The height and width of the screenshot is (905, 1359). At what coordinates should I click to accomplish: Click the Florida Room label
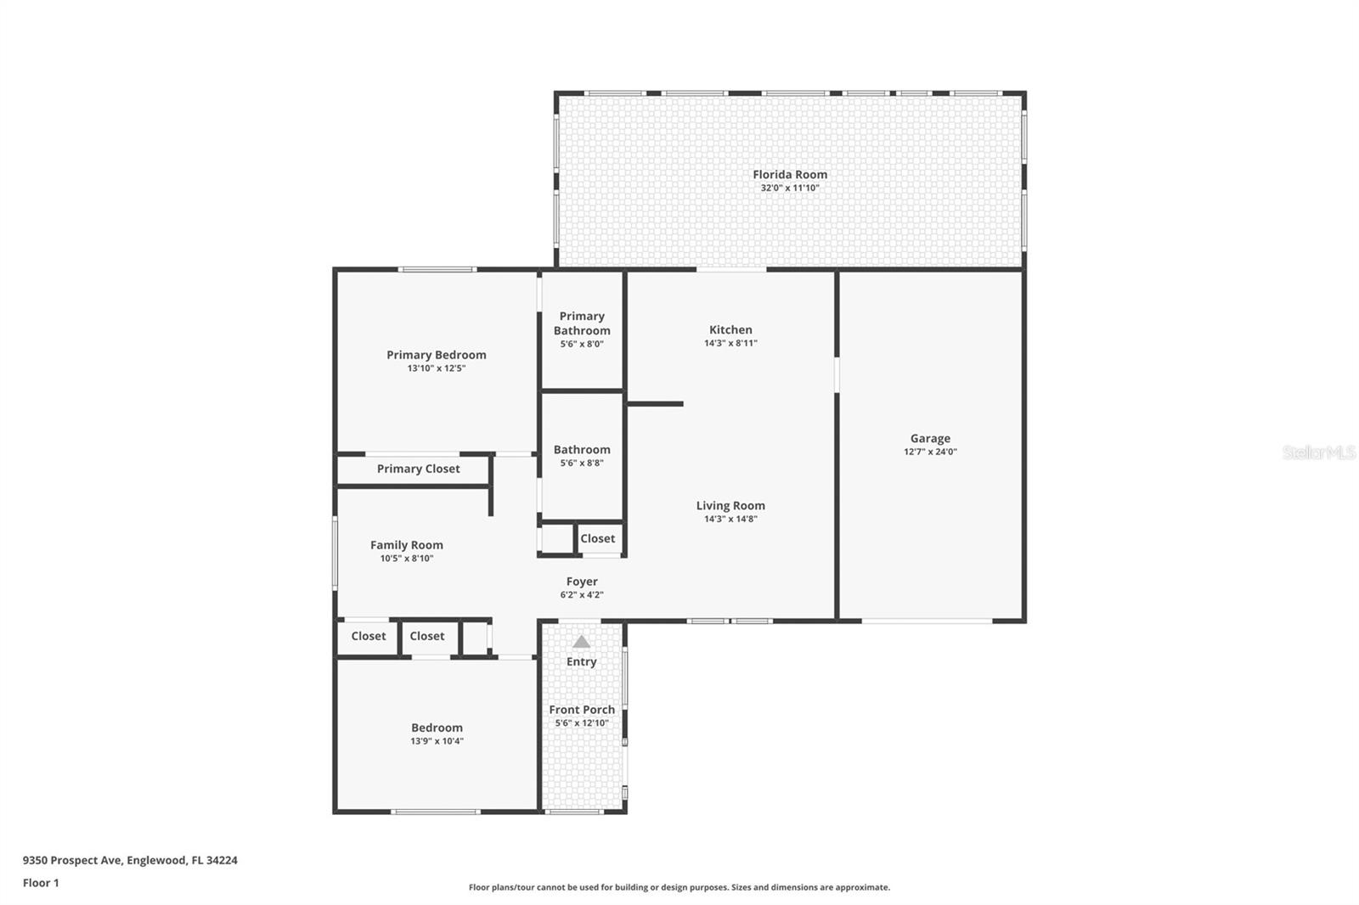tap(790, 175)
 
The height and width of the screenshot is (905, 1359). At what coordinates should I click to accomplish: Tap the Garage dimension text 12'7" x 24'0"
tap(930, 452)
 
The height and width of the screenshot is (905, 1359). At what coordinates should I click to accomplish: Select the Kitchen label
tap(730, 329)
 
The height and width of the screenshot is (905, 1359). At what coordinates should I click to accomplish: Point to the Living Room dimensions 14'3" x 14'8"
tap(730, 519)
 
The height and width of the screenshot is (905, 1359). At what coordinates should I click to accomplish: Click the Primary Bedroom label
tap(437, 355)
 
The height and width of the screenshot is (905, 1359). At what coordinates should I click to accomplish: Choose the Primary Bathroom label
tap(582, 323)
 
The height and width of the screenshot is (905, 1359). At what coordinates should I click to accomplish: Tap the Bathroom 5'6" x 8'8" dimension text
tap(582, 463)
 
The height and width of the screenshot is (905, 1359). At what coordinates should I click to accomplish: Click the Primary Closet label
tap(418, 469)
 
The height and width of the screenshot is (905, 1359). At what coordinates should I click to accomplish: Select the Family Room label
tap(407, 545)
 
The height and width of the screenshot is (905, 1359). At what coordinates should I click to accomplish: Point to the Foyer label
tap(582, 582)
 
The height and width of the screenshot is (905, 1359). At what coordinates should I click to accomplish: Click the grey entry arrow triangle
tap(581, 642)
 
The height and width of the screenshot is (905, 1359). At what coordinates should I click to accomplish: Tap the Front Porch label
tap(582, 710)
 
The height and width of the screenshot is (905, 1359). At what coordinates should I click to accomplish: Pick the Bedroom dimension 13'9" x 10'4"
tap(437, 740)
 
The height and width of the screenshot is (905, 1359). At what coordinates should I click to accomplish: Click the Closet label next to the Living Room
tap(598, 538)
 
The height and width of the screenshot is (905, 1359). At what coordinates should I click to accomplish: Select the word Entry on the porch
tap(581, 661)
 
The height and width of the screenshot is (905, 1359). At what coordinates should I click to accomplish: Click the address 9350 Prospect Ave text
tap(73, 860)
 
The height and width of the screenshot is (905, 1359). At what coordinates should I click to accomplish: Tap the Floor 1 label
tap(41, 883)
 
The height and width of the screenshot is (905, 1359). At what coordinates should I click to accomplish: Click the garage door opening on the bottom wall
tap(927, 621)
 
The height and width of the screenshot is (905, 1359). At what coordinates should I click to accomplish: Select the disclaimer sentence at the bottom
tap(679, 887)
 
